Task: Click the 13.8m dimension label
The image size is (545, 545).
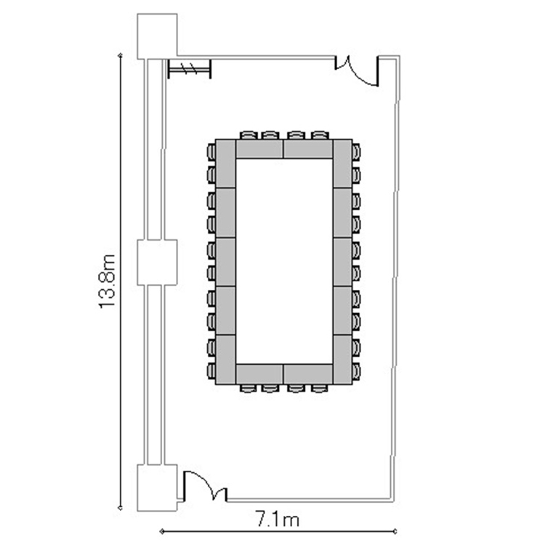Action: point(107,281)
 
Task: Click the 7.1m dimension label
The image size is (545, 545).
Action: point(278,520)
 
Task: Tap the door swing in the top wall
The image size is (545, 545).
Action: point(357,71)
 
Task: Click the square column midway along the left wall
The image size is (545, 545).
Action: point(157,262)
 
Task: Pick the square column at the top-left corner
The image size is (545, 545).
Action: point(157,36)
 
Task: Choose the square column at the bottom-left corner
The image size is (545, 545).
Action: point(157,488)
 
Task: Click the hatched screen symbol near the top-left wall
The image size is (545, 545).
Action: point(190,69)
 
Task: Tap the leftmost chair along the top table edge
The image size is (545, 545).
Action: point(248,135)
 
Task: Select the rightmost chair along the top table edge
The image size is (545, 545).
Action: point(320,135)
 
